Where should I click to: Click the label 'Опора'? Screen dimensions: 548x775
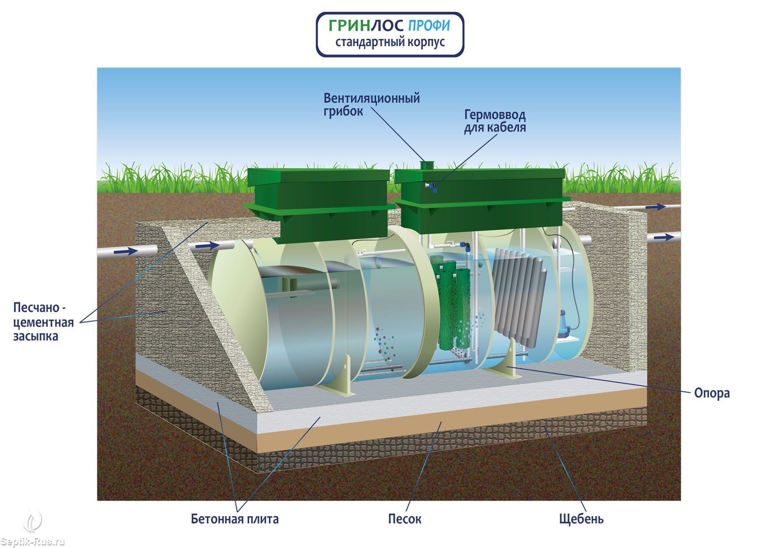[x=711, y=393]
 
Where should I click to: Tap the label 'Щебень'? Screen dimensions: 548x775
[x=581, y=518]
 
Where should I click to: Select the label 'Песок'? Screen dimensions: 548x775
[x=404, y=518]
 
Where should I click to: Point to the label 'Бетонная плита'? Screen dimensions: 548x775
[x=235, y=518]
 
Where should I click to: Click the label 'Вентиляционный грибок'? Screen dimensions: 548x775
[x=371, y=104]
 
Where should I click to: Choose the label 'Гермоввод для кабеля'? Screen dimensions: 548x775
[x=494, y=121]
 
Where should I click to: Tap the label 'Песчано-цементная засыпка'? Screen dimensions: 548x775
[x=43, y=322]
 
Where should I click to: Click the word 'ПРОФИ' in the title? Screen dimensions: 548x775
[x=429, y=26]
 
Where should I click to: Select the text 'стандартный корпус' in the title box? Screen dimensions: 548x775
[x=390, y=42]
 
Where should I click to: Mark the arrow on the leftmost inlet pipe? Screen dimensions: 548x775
[x=126, y=251]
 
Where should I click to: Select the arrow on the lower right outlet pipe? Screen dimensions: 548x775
[x=663, y=238]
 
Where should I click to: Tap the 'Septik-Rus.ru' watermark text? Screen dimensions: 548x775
[x=33, y=542]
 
